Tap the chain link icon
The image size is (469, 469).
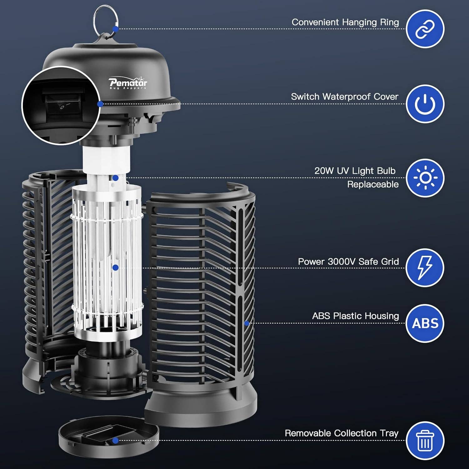(425, 29)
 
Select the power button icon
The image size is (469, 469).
(425, 104)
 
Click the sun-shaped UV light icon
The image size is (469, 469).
(425, 178)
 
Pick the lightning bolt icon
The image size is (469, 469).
(425, 268)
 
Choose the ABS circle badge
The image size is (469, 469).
(425, 323)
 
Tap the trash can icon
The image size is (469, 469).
(425, 441)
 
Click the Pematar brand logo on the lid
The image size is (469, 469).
(128, 83)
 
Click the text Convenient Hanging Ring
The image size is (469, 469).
(345, 22)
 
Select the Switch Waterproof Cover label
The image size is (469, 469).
(345, 97)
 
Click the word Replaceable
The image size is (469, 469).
(373, 184)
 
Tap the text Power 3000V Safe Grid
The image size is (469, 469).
(348, 261)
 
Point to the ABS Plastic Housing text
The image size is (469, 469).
(356, 316)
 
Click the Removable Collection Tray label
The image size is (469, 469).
(341, 433)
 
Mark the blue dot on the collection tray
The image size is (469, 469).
(115, 441)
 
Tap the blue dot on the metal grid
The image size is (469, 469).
(115, 268)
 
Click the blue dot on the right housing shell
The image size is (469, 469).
(246, 323)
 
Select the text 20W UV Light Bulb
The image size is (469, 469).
(355, 171)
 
